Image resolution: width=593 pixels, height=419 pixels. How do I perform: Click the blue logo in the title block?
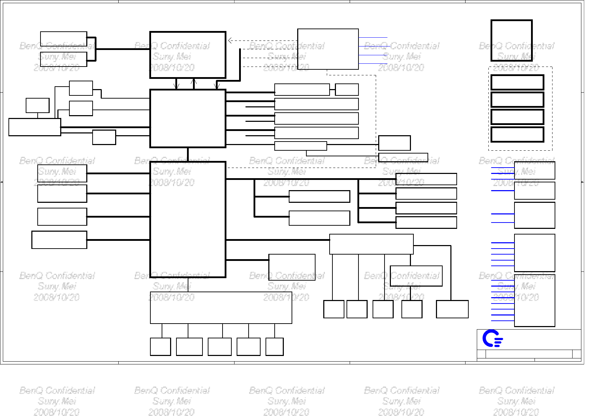492,338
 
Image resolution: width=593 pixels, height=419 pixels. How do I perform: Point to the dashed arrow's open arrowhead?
230,40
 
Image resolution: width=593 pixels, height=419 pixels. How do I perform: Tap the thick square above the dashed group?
511,40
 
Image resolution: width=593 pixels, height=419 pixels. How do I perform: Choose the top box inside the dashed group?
517,82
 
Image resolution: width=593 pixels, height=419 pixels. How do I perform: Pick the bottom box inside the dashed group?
517,135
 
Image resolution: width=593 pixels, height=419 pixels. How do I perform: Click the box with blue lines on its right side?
328,49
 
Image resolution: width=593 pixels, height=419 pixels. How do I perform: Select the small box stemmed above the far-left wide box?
37,105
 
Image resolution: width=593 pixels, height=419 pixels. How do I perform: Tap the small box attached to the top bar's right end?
347,89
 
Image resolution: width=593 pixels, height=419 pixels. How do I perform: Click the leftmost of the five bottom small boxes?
160,346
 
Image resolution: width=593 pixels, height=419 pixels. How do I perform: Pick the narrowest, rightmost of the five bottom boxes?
274,346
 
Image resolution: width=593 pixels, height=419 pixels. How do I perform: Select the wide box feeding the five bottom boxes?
221,307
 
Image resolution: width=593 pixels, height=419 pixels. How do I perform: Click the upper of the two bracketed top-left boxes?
63,39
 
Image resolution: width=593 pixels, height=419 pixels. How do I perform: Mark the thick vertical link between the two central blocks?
188,154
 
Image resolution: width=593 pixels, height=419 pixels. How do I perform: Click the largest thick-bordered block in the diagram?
188,219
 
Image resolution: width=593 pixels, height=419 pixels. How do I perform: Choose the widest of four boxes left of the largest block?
59,240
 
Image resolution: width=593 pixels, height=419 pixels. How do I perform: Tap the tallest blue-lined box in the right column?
535,300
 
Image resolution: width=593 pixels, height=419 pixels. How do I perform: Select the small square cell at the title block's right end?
576,354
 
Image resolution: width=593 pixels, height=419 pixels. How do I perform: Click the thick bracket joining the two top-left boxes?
95,49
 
